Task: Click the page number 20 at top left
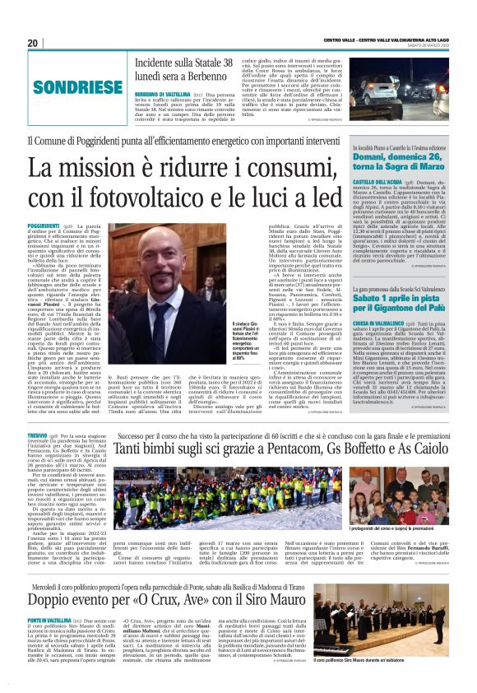(x=32, y=43)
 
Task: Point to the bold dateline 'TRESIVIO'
(x=36, y=433)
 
